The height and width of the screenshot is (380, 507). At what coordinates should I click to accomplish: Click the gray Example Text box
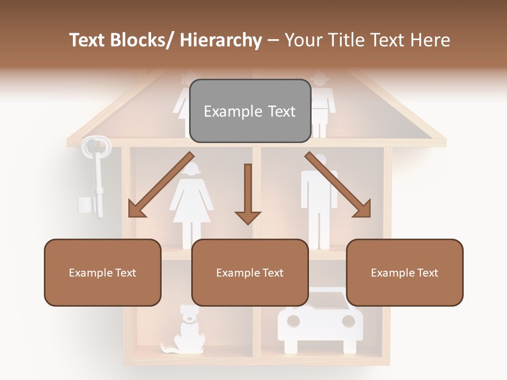click(250, 111)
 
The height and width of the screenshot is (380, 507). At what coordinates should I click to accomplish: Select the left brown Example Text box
click(102, 272)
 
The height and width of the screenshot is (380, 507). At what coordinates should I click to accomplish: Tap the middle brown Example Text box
click(250, 272)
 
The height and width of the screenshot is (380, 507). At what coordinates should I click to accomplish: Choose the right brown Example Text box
click(405, 272)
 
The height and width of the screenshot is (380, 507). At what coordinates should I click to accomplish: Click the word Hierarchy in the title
click(221, 40)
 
